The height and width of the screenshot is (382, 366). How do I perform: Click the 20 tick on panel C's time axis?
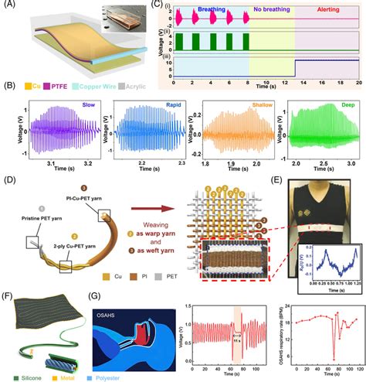coord(358,81)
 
